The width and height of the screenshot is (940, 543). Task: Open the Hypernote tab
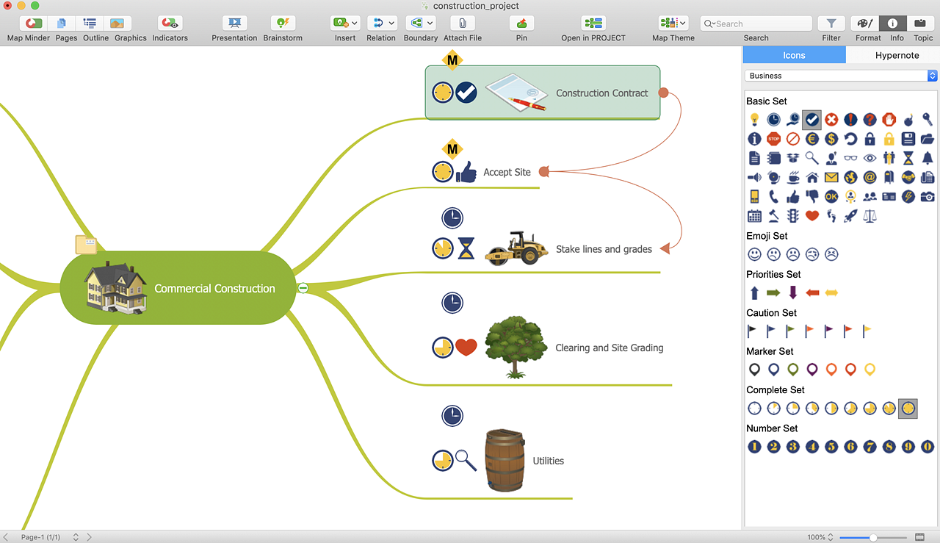point(897,55)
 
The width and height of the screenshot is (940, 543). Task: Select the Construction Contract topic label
point(601,93)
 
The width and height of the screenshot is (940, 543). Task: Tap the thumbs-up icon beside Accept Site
point(466,172)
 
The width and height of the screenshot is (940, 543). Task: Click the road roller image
point(516,248)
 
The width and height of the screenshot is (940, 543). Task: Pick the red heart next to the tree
point(466,347)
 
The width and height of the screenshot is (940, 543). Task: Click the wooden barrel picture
point(505,460)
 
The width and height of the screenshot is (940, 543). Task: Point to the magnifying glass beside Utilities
point(466,460)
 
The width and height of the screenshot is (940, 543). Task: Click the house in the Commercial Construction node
point(115,288)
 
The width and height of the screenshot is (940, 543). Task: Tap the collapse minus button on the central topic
point(303,288)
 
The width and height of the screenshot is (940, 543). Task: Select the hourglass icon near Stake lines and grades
point(466,248)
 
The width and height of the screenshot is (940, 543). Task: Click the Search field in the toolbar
point(756,24)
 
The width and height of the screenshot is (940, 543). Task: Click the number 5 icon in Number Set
point(831,447)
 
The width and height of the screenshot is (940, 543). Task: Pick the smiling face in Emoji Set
point(754,254)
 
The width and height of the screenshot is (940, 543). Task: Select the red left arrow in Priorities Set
point(812,292)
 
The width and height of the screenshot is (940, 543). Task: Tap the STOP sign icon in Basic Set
point(773,139)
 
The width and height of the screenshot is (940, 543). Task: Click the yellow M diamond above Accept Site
point(452,149)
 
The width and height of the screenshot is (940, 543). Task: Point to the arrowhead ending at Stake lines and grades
point(665,248)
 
